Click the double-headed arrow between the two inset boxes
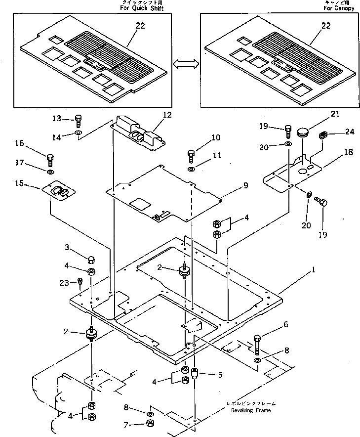pos(186,63)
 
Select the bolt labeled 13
pos(78,119)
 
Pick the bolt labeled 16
pos(50,159)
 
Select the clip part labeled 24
pos(324,134)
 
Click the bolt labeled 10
pos(192,156)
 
